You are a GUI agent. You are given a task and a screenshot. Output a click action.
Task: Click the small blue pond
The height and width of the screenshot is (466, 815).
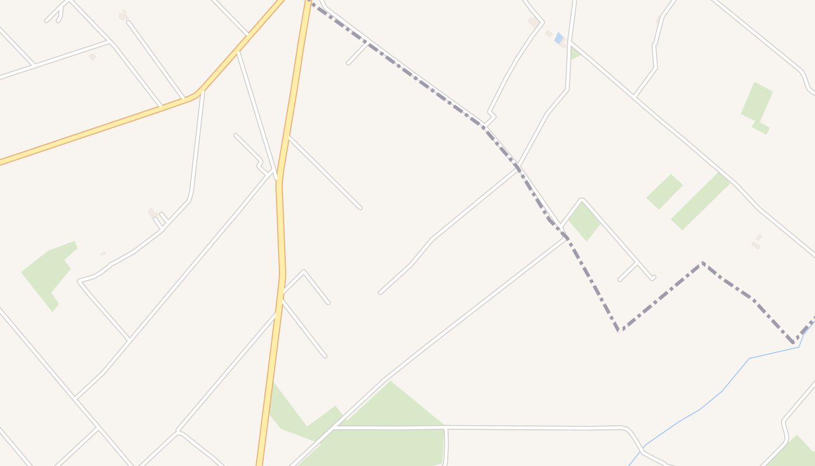coord(559,38)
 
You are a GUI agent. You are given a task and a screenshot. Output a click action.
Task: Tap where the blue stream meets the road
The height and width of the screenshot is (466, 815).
coord(641,450)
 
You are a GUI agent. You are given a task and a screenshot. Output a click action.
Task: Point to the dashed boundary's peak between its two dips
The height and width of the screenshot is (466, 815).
coord(703,263)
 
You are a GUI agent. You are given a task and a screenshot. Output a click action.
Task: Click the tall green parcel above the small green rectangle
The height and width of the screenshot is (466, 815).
coord(757,101)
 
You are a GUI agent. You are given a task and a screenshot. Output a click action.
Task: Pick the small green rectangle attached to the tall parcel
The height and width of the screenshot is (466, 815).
coord(761,127)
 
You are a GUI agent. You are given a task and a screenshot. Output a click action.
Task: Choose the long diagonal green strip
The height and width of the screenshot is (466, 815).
coord(700,201)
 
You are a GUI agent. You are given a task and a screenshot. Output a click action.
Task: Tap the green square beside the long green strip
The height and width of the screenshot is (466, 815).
coord(664,191)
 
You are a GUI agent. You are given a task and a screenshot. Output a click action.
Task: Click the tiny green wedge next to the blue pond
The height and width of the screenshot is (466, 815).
coord(575,54)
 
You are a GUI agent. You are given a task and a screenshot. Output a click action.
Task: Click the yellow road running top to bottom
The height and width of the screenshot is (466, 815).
coord(281,233)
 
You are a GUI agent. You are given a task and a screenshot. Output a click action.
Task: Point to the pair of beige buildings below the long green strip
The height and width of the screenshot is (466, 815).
coord(757,242)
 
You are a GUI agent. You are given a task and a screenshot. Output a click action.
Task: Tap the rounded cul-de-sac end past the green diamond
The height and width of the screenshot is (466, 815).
coord(653,278)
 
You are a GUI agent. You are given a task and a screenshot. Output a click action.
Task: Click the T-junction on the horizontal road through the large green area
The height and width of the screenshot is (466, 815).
coord(445,428)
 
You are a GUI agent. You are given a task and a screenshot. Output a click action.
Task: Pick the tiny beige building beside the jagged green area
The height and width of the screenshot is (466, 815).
coord(103,253)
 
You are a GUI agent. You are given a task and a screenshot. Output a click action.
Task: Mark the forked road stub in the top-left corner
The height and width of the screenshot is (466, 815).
coord(59,12)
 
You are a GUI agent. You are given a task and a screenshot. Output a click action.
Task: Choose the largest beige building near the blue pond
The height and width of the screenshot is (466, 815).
coord(533,22)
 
